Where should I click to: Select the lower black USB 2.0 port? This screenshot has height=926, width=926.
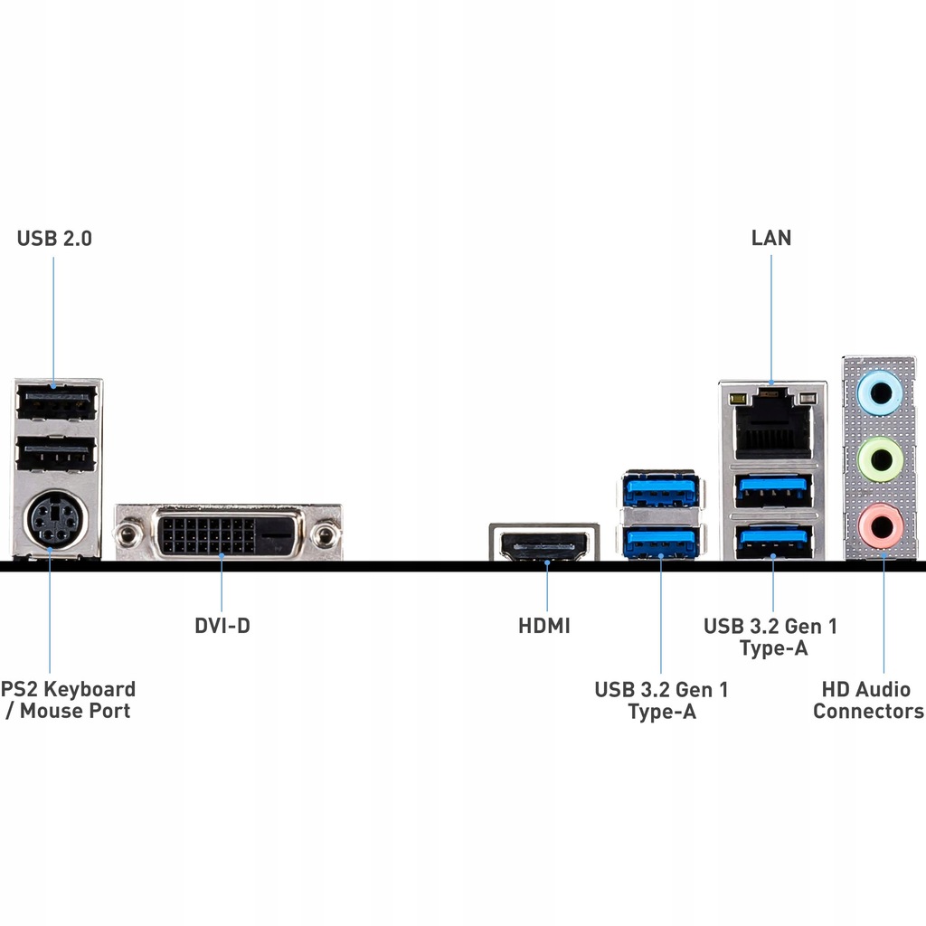coord(56,455)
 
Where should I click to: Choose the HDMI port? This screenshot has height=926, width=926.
coord(543,545)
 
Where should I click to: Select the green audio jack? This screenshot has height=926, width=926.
coord(878,459)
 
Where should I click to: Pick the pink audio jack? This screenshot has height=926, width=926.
coord(878,526)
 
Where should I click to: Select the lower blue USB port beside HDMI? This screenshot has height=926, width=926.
coord(661,541)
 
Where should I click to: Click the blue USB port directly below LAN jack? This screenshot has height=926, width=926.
coord(773,489)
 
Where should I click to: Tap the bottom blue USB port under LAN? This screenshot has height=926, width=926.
coord(773,539)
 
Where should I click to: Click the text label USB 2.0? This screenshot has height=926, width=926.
coord(54,239)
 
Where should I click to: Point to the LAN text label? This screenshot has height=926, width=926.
coord(771,238)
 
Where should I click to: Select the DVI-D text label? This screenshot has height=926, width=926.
coord(222,625)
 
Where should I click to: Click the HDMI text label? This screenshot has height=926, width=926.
coord(544,625)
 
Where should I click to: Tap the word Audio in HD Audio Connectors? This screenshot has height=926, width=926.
coord(883,689)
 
